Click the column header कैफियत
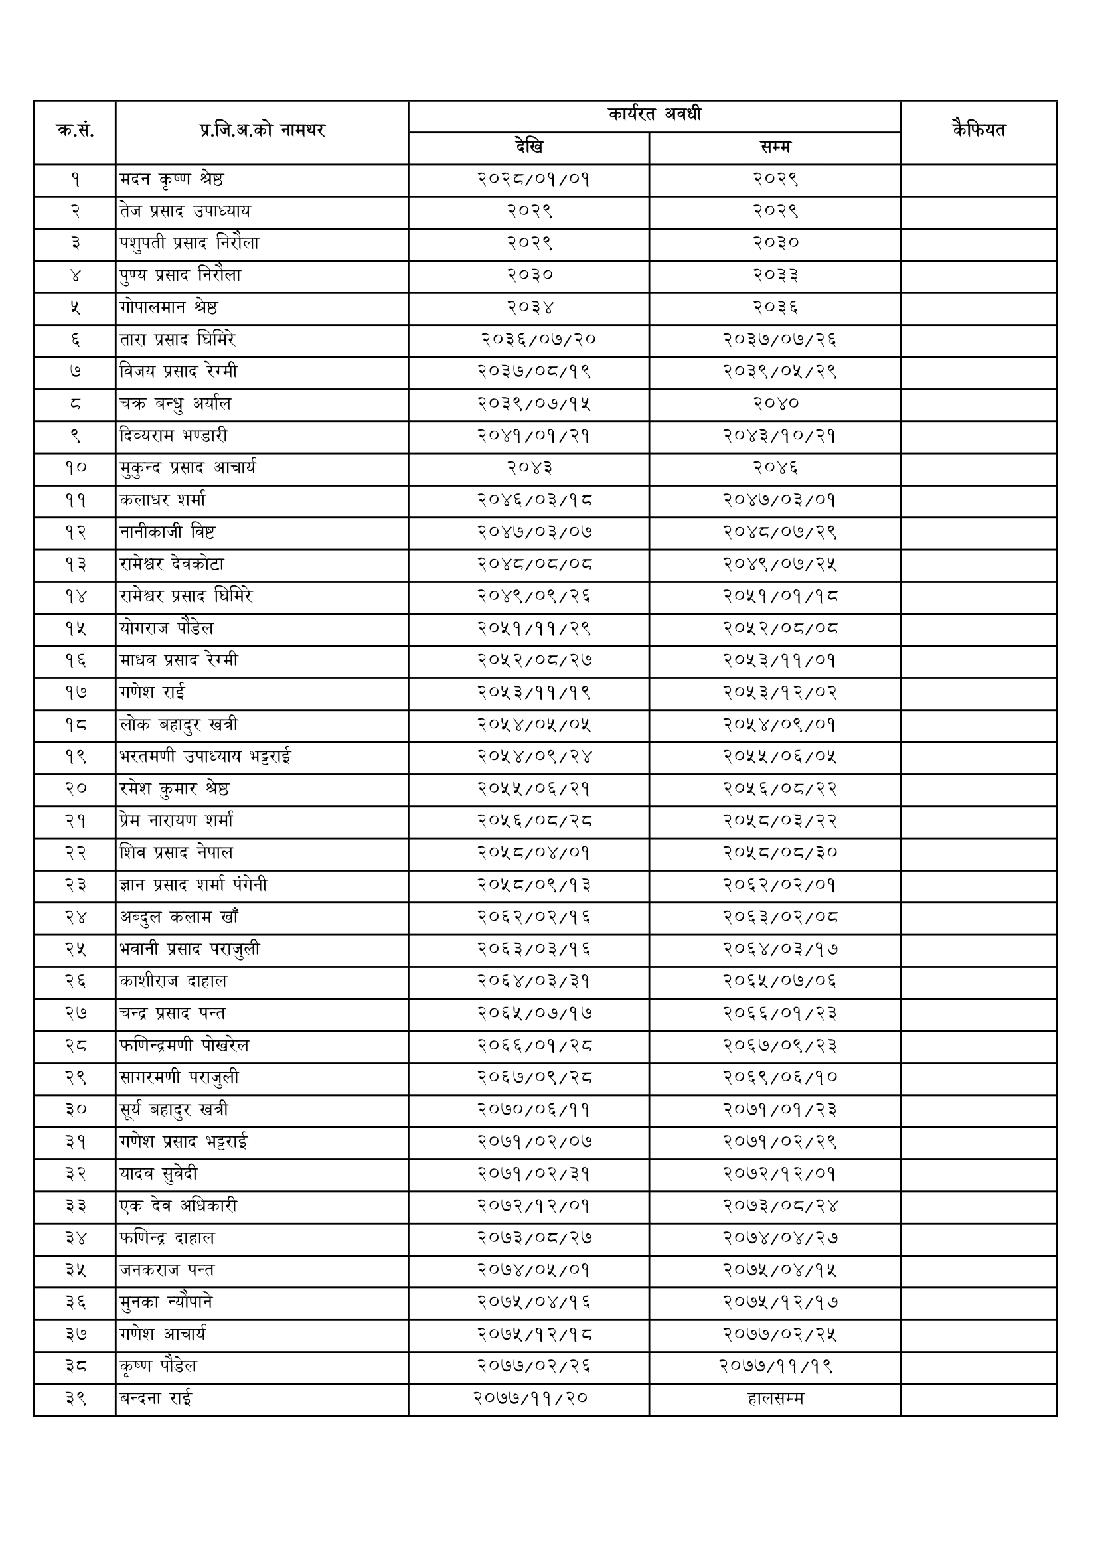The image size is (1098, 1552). point(978,130)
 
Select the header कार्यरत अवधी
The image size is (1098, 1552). point(654,115)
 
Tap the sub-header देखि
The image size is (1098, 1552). point(528,147)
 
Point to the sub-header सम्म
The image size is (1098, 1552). point(775,147)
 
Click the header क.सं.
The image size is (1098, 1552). point(74,131)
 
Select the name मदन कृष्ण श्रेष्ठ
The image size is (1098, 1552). point(172,179)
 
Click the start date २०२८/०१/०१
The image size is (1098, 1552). point(534,179)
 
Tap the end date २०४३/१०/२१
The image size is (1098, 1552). point(779,436)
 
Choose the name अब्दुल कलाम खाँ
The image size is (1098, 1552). point(179,917)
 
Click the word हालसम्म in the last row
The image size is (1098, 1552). point(775,1398)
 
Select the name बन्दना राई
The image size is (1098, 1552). point(156,1398)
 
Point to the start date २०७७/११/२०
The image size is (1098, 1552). point(531,1398)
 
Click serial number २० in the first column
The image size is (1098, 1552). point(76,789)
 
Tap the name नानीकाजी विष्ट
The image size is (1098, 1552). point(168,532)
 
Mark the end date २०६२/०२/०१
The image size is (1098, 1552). point(779,885)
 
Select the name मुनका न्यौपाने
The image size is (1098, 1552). point(167,1302)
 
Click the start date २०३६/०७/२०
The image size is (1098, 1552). point(539,339)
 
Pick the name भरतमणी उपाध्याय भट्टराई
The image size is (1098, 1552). point(206,756)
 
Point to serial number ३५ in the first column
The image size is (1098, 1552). point(76,1270)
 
